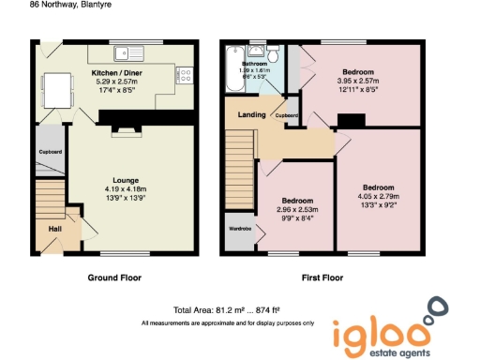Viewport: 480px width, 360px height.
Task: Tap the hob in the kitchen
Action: click(184, 76)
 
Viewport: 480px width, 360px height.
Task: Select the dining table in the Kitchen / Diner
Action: click(61, 90)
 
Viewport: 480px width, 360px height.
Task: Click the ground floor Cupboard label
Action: click(50, 152)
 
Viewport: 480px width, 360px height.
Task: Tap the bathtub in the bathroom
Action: click(231, 84)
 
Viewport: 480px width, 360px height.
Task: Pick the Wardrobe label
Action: click(239, 227)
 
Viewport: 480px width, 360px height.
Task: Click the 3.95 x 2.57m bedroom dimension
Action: click(357, 82)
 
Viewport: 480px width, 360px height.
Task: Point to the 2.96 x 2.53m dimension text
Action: click(297, 209)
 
